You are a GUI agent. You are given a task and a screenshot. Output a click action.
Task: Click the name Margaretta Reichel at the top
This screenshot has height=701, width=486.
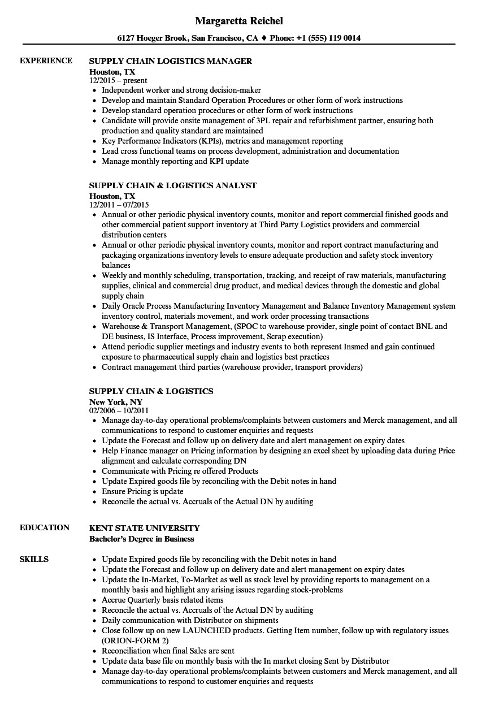pos(239,20)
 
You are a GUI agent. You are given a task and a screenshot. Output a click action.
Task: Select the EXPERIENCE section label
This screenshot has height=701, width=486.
pos(46,60)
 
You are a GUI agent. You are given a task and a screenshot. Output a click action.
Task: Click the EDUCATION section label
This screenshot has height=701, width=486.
pos(45,527)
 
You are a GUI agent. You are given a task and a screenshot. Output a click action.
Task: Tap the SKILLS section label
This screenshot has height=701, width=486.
pos(34,559)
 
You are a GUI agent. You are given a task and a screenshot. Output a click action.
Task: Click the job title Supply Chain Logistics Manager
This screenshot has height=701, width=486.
pos(171,61)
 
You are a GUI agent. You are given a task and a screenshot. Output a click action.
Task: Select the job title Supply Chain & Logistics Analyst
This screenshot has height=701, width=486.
pos(173,185)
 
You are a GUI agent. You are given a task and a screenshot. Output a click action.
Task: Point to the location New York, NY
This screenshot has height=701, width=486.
pos(116,401)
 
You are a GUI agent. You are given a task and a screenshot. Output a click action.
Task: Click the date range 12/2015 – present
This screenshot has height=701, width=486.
pos(118,80)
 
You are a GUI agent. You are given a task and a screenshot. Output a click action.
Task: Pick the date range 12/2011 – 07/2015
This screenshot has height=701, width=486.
pos(119,205)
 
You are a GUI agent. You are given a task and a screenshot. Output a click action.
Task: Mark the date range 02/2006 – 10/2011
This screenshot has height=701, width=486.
pos(119,410)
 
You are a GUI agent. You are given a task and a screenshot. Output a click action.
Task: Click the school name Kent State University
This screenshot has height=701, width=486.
pos(144,528)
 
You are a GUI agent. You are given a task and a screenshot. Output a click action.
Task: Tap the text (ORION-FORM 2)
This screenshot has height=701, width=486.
pos(135,641)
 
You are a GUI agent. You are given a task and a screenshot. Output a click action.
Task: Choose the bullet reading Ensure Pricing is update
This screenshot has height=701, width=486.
pos(142,491)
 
